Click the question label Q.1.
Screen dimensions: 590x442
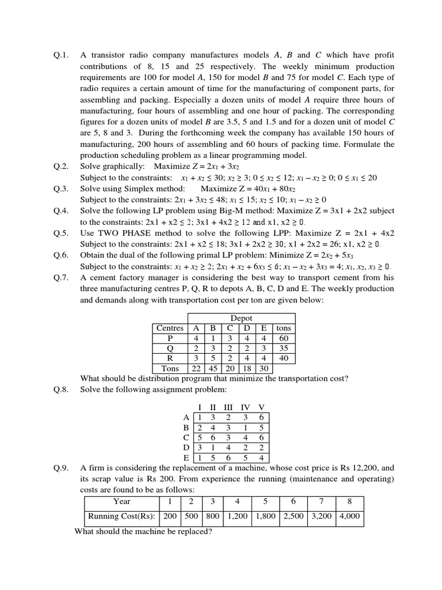(x=61, y=55)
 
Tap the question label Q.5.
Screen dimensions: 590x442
(x=61, y=233)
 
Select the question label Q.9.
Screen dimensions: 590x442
(x=61, y=468)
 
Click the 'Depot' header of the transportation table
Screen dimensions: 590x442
(x=241, y=318)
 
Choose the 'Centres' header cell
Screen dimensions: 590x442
(x=170, y=328)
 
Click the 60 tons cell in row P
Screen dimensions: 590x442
(x=284, y=338)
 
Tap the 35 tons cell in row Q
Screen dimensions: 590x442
(x=284, y=348)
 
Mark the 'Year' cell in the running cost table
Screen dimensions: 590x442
(x=121, y=501)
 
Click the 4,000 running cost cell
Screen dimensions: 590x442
(x=350, y=516)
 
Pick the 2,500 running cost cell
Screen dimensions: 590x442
(x=294, y=516)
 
